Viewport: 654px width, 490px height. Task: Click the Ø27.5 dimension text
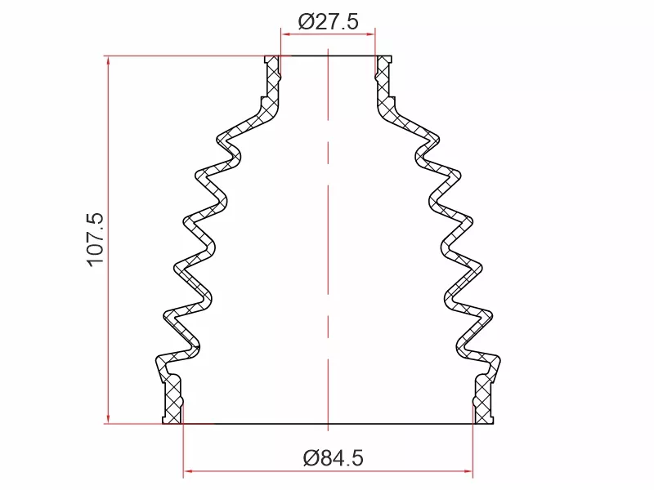point(328,21)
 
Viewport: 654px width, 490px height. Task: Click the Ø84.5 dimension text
point(333,459)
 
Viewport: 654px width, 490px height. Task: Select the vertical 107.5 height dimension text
point(95,238)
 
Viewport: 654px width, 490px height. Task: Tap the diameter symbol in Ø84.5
point(311,459)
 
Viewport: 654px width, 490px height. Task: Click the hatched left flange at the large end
point(172,400)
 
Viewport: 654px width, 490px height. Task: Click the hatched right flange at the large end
point(484,400)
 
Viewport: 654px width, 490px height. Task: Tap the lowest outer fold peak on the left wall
point(166,314)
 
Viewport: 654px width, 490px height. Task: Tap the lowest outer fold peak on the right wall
point(491,314)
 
